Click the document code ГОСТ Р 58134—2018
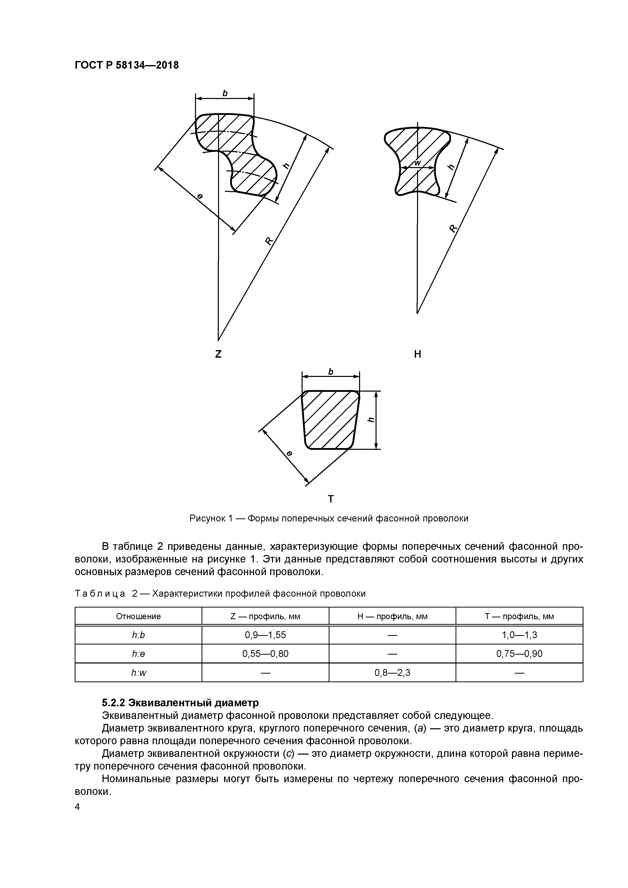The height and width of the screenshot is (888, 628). point(127,65)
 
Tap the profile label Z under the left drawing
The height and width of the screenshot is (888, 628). point(218,354)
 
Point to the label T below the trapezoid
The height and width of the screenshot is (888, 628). point(330,499)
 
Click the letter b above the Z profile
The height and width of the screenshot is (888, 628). point(225,93)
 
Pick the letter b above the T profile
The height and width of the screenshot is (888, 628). point(330,372)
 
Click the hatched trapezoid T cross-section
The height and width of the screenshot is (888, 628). point(330,420)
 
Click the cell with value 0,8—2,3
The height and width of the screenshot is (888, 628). point(392,673)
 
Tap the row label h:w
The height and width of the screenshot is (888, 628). point(138,673)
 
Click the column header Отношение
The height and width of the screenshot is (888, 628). point(138,616)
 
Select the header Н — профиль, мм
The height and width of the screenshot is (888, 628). point(392,616)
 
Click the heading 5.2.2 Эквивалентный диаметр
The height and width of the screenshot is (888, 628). point(180,702)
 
